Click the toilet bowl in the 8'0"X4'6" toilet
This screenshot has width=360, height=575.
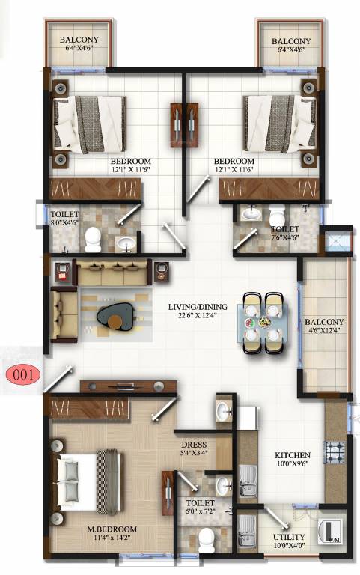click(x=93, y=239)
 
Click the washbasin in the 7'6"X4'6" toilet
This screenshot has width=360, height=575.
click(x=252, y=214)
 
